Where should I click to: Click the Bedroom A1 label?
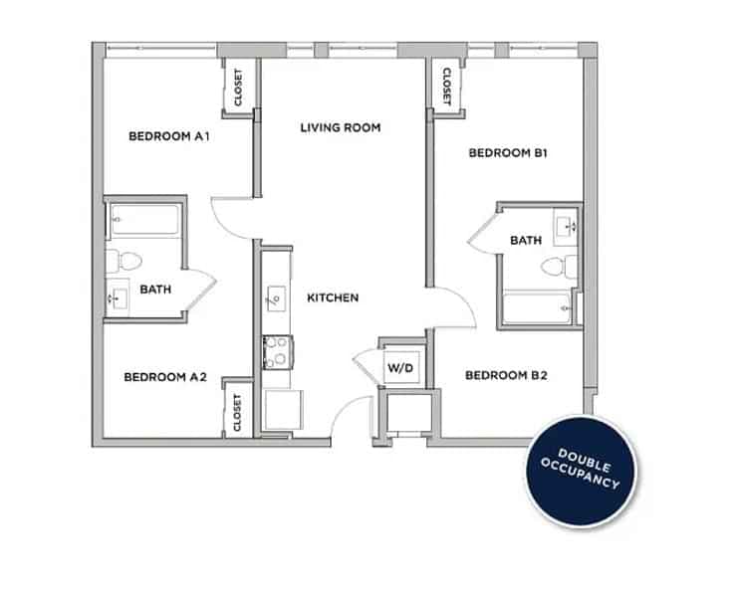pyautogui.click(x=168, y=136)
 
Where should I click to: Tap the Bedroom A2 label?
pyautogui.click(x=164, y=377)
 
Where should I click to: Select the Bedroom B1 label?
pyautogui.click(x=508, y=153)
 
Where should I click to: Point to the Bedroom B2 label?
pyautogui.click(x=506, y=375)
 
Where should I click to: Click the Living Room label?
pyautogui.click(x=342, y=127)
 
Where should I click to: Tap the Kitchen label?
pyautogui.click(x=333, y=297)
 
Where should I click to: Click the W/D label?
pyautogui.click(x=400, y=368)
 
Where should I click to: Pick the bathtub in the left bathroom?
pyautogui.click(x=144, y=221)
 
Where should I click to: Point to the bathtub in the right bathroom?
pyautogui.click(x=539, y=308)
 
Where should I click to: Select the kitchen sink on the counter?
pyautogui.click(x=274, y=295)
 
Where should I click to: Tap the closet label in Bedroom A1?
pyautogui.click(x=239, y=88)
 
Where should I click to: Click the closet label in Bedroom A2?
pyautogui.click(x=237, y=412)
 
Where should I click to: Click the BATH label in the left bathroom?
pyautogui.click(x=155, y=290)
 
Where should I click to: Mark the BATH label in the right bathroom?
pyautogui.click(x=526, y=240)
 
